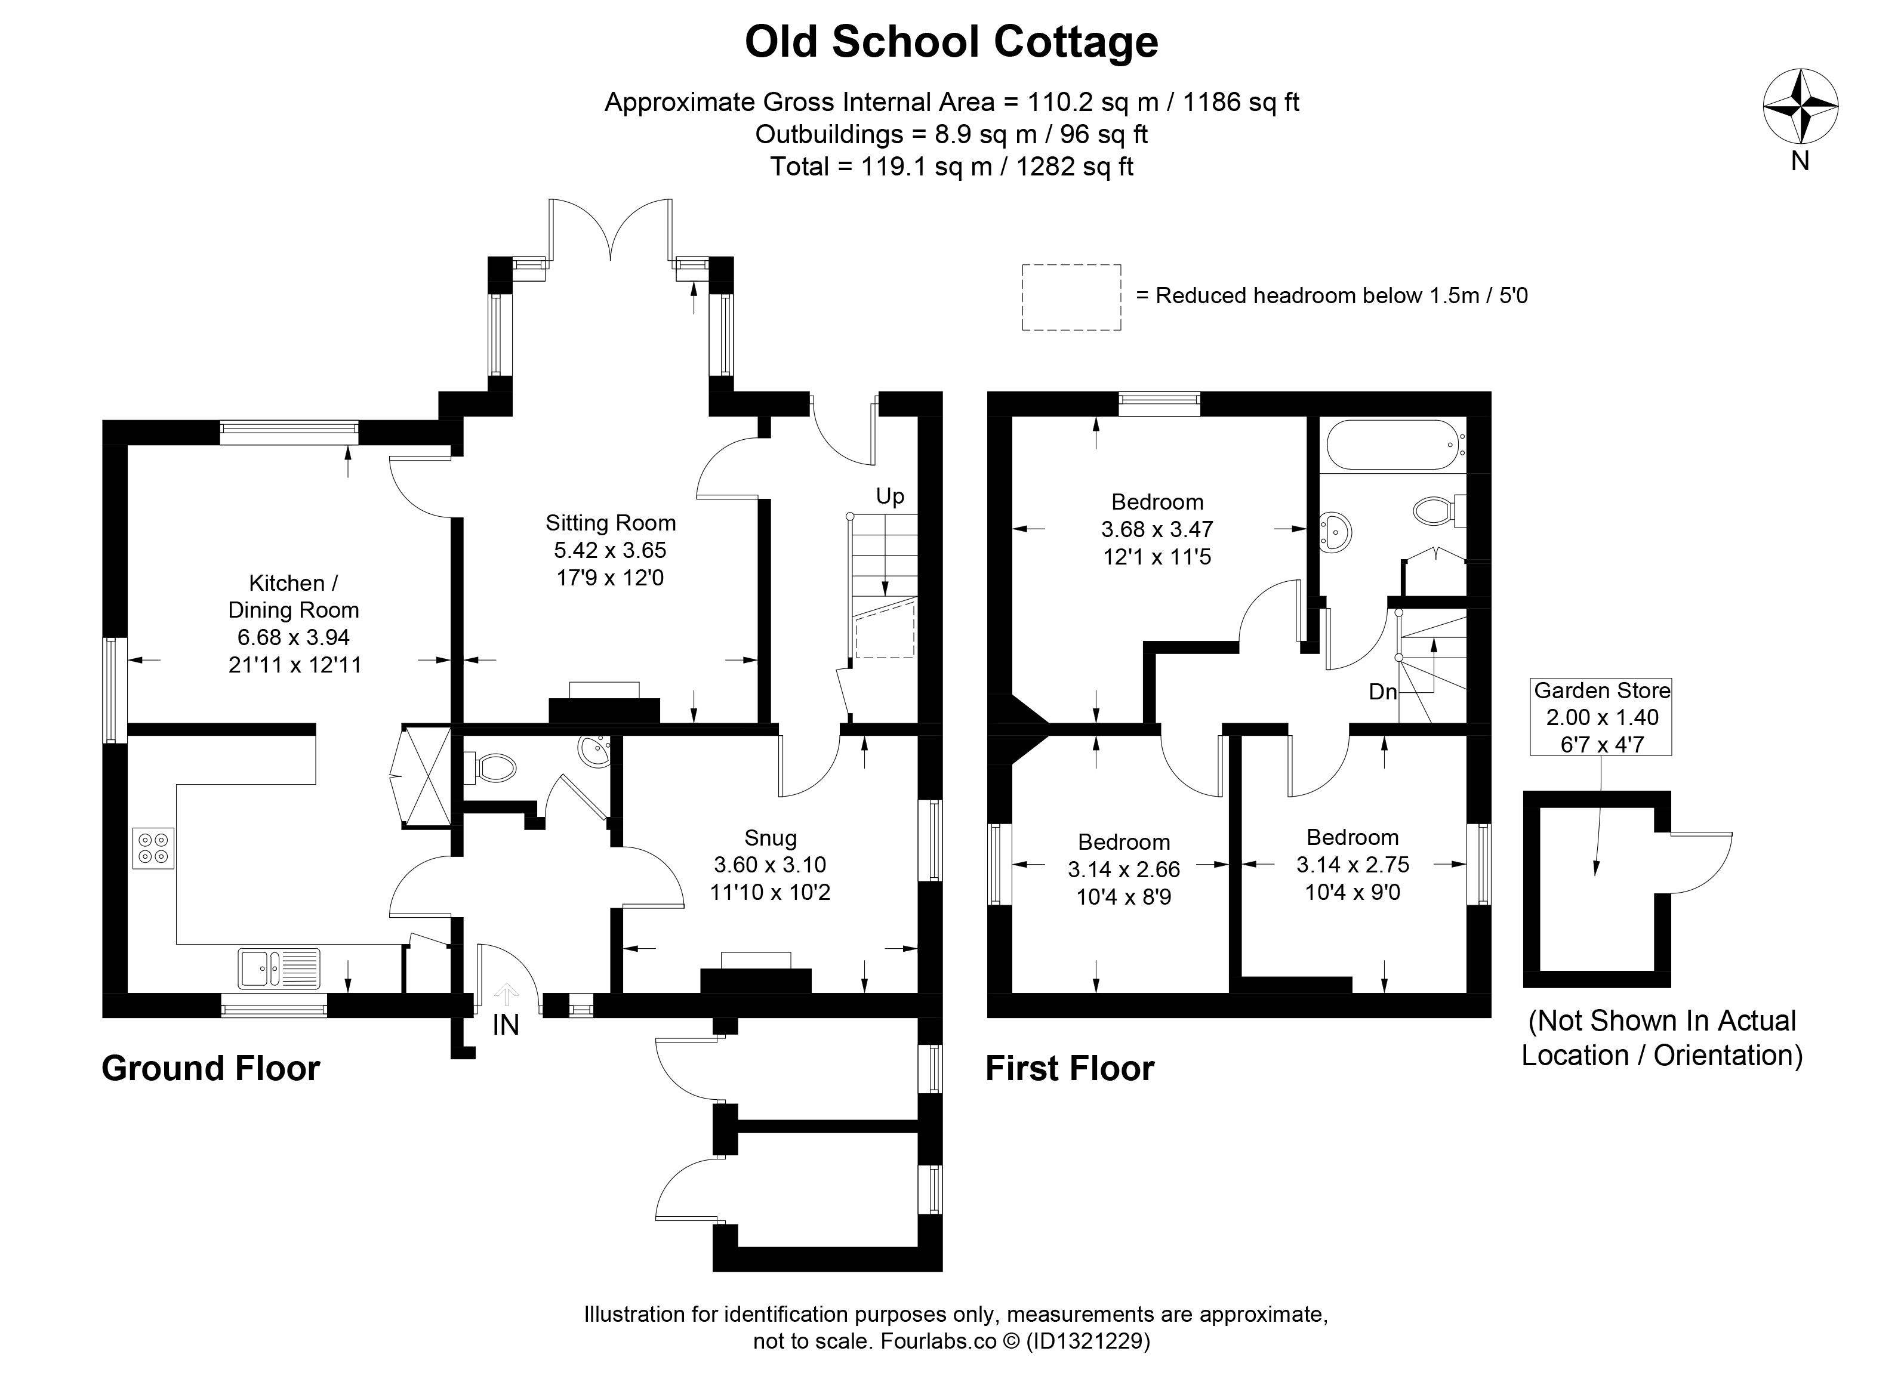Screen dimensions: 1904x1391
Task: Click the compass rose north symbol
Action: point(1800,107)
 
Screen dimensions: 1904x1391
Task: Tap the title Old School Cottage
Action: point(951,42)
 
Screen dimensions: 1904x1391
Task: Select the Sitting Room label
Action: point(611,523)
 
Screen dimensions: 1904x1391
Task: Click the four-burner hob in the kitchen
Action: point(153,849)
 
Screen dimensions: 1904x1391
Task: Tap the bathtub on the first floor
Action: point(1392,445)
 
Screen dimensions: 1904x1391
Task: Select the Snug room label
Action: point(771,838)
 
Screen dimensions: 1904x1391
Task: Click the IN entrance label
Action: point(506,1025)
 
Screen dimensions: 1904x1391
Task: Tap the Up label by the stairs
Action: point(889,496)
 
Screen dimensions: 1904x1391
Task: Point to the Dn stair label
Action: point(1383,692)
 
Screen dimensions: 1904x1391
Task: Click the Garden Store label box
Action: point(1601,717)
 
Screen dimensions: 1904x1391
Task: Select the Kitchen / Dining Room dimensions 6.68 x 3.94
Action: point(293,637)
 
